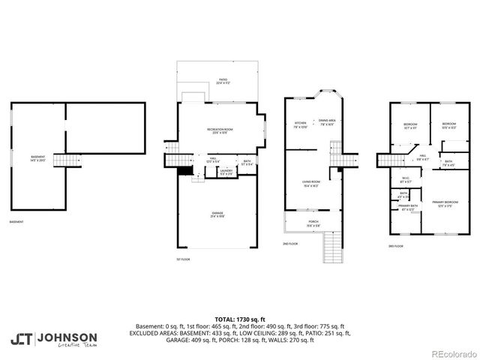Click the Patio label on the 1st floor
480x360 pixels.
tap(223, 79)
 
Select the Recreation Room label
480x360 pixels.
tap(223, 131)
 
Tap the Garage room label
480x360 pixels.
tap(217, 214)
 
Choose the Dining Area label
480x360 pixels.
tap(326, 122)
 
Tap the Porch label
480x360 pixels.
tap(313, 223)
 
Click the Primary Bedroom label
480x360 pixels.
tap(445, 203)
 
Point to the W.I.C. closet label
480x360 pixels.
tap(406, 180)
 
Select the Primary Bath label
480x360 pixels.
tap(408, 207)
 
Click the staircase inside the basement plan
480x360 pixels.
tap(70, 160)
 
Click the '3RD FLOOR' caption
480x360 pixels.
tap(396, 246)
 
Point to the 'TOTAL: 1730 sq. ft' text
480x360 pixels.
tap(240, 318)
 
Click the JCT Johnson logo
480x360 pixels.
tap(53, 340)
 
